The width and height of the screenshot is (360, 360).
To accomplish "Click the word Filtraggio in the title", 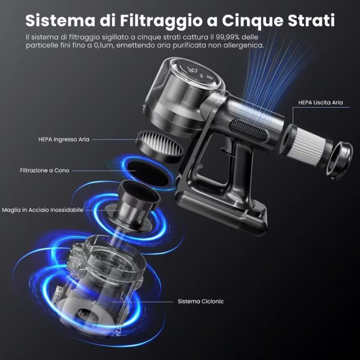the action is (x=161, y=21).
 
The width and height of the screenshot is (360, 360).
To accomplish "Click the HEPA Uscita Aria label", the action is (x=320, y=103).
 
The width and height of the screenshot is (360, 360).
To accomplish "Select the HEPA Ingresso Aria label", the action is (x=64, y=139).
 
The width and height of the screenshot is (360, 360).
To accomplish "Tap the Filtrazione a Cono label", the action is (x=45, y=171).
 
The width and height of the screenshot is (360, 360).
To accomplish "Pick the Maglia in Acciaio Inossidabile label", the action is (x=42, y=210).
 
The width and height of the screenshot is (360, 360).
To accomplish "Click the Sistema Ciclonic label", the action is (x=201, y=301).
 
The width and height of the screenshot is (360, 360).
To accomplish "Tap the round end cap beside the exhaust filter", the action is (x=339, y=160).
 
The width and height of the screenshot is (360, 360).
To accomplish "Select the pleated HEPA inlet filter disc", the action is (x=160, y=146).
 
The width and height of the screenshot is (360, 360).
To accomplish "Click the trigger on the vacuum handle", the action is (x=228, y=148).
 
